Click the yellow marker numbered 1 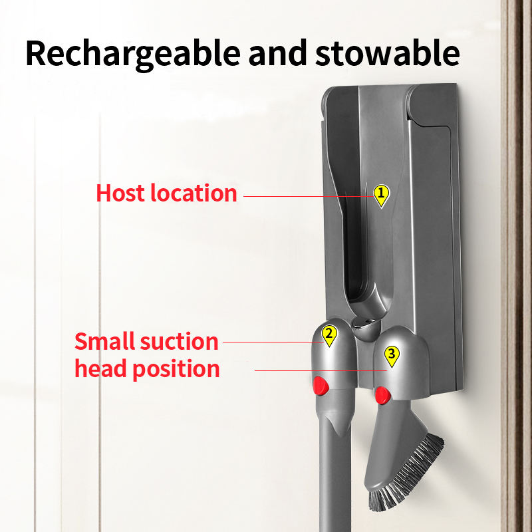(x=381, y=195)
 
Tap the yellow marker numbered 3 (x=392, y=356)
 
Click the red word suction (x=180, y=342)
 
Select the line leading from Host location (x=306, y=196)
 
